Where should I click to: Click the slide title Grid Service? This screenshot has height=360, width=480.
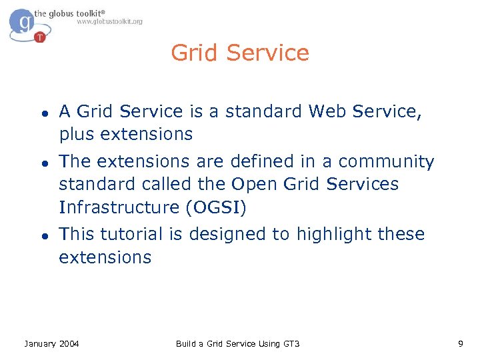point(240,53)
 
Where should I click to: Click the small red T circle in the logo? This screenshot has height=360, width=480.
point(41,37)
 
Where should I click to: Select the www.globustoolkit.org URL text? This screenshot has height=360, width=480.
point(109,22)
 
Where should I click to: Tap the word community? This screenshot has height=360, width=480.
point(386,162)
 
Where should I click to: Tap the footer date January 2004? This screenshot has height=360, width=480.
point(51,344)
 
